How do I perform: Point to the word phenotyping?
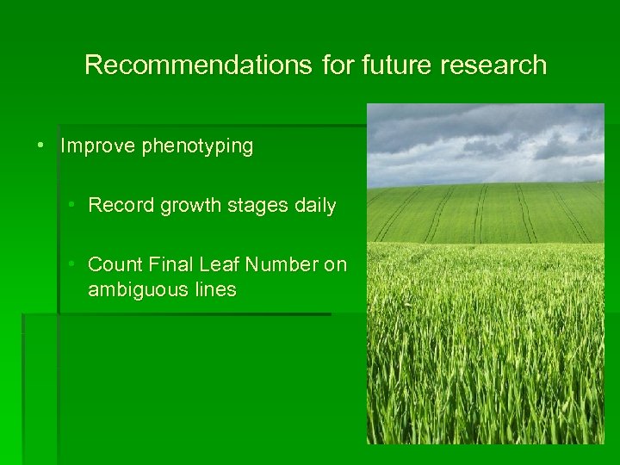(x=197, y=147)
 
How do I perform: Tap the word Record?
(x=120, y=206)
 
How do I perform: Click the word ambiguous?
(x=137, y=290)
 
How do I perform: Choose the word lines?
(x=214, y=289)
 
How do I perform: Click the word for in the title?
(x=337, y=65)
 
